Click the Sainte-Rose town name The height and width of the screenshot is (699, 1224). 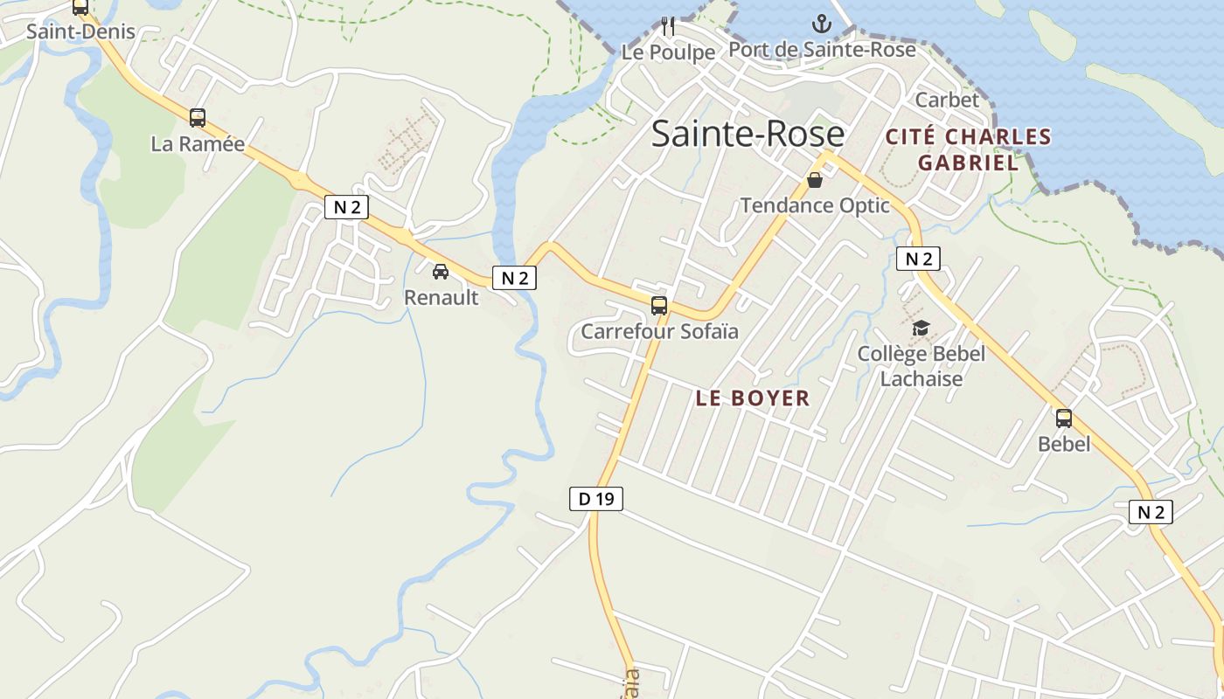(x=748, y=135)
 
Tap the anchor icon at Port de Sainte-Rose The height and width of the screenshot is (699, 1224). (x=821, y=24)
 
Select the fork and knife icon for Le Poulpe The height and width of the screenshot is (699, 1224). (x=668, y=26)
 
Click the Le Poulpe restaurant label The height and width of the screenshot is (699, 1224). (x=668, y=52)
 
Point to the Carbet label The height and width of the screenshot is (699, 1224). (x=947, y=100)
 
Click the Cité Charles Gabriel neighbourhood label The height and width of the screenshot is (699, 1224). (x=968, y=149)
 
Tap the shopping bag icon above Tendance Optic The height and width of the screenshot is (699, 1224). (x=815, y=181)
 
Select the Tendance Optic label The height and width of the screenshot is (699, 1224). (x=815, y=205)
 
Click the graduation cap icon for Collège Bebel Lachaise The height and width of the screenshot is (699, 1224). (x=921, y=329)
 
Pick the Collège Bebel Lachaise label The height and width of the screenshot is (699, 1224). (x=921, y=366)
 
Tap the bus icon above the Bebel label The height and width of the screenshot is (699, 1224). (x=1064, y=419)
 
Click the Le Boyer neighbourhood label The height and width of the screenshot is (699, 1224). (x=753, y=398)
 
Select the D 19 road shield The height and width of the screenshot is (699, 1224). (x=596, y=499)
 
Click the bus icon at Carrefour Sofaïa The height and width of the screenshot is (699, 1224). (x=659, y=306)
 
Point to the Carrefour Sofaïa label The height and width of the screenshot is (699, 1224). (x=659, y=332)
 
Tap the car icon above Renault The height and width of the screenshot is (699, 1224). (x=441, y=272)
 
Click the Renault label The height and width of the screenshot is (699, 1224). (x=441, y=298)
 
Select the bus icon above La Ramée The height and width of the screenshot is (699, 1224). (x=198, y=118)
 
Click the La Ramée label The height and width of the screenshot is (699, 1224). (x=198, y=144)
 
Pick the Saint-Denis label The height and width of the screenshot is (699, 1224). (x=80, y=32)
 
